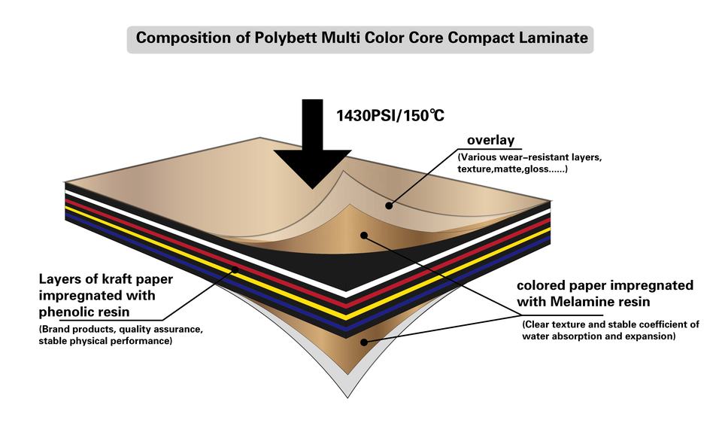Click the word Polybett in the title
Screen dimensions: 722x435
[x=285, y=38]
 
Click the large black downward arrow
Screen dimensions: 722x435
[x=313, y=144]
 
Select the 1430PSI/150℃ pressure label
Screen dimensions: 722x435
[x=390, y=115]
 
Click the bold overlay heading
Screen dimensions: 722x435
[x=490, y=140]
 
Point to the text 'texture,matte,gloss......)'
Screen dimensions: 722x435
[x=512, y=169]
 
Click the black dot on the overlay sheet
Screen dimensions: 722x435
[x=389, y=205]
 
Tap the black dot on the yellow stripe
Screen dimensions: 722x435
[x=235, y=269]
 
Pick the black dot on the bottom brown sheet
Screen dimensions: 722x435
[x=364, y=342]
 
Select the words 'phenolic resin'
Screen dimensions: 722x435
[x=83, y=312]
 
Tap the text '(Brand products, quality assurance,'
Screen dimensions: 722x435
[x=120, y=330]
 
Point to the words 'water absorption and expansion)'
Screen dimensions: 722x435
[x=599, y=336]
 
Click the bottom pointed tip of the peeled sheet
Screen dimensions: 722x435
[x=347, y=397]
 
